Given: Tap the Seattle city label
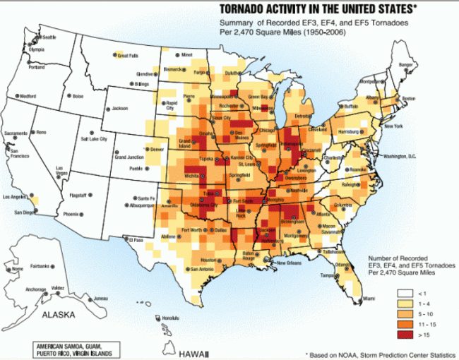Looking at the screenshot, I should tap(49, 37).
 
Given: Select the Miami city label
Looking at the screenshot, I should tap(369, 299).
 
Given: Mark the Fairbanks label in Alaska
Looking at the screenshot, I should tap(40, 266).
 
